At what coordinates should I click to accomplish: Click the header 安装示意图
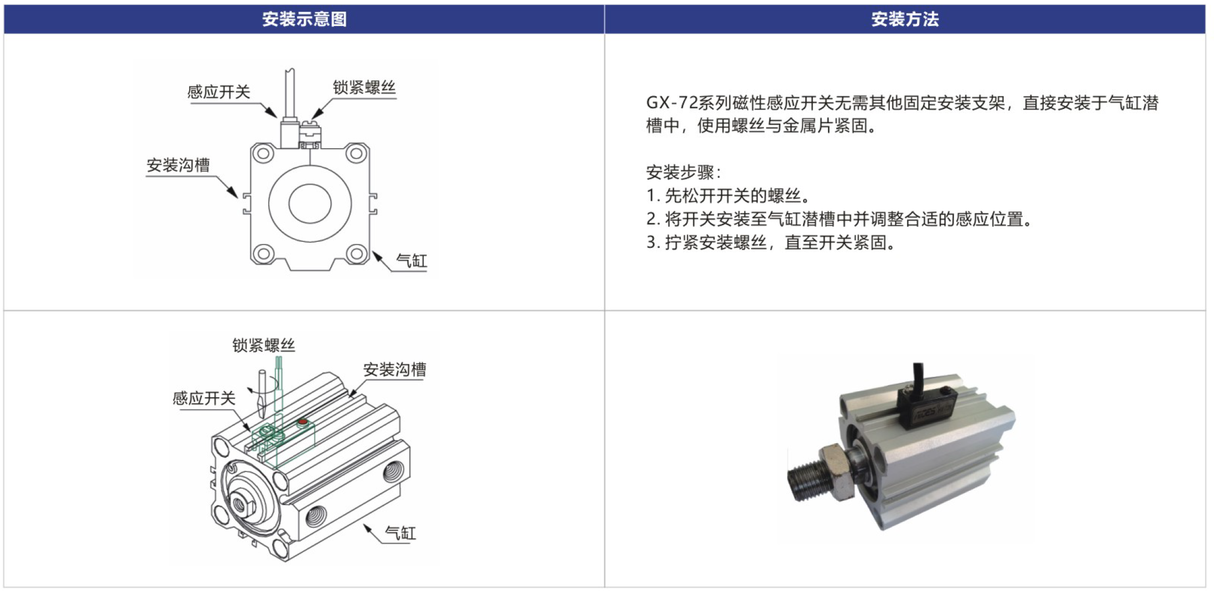click(304, 19)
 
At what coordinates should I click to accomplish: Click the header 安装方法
click(905, 19)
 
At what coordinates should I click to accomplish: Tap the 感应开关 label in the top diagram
click(219, 91)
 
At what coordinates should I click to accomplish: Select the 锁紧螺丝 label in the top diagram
click(364, 87)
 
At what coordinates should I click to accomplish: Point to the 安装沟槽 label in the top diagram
click(178, 165)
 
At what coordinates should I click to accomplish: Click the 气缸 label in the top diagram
click(411, 261)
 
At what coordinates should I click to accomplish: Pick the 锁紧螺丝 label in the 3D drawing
click(263, 345)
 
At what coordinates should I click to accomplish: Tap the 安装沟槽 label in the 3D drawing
click(394, 370)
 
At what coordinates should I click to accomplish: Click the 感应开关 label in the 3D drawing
click(204, 398)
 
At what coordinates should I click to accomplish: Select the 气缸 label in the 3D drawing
click(400, 533)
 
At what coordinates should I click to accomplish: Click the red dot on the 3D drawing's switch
click(302, 423)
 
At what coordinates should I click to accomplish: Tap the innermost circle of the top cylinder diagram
click(310, 203)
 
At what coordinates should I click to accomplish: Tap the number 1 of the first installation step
click(651, 196)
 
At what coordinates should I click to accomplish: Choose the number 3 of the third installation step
click(651, 242)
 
